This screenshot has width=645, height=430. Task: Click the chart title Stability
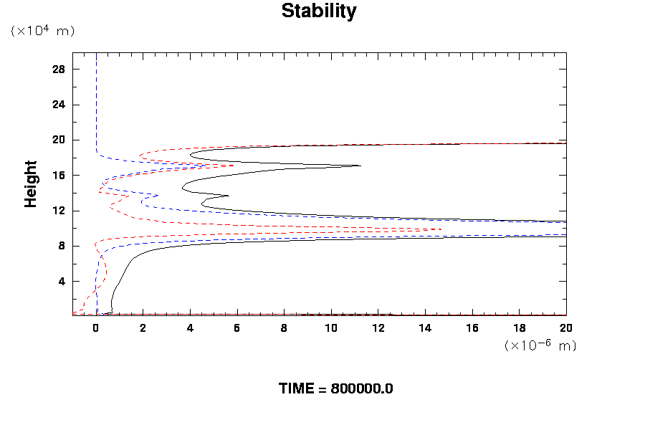318,11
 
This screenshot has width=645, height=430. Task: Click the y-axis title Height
31,192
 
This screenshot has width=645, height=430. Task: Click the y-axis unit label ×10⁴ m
42,31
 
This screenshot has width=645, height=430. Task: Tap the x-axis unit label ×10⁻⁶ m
540,345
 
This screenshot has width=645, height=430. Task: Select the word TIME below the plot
296,389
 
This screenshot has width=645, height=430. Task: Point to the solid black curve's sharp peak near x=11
359,166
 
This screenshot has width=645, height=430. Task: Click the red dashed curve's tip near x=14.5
440,229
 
